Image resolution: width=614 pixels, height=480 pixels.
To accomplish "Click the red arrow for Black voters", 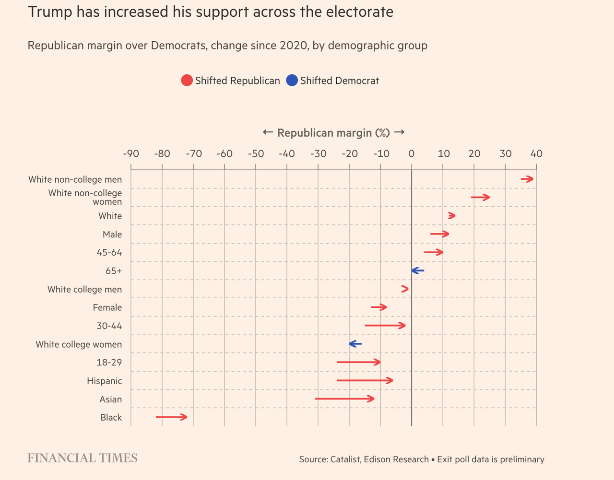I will (x=171, y=417).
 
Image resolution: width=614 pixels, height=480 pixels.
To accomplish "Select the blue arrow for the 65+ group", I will (x=417, y=271).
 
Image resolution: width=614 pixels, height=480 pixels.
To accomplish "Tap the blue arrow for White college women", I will (x=355, y=344).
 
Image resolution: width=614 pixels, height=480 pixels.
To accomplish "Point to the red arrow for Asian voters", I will (x=344, y=398).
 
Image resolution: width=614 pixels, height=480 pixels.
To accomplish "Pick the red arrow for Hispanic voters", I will (x=365, y=380).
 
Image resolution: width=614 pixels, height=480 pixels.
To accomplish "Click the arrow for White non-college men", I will (x=527, y=179).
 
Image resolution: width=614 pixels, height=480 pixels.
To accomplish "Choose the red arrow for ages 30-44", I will (x=385, y=326).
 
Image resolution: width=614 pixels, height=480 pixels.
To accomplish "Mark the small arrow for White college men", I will (x=405, y=289).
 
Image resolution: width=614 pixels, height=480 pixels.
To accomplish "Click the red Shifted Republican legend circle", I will (x=187, y=81).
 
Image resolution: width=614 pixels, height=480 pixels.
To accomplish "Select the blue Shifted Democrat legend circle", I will (x=292, y=81).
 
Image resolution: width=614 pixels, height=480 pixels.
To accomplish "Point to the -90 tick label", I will (x=131, y=154).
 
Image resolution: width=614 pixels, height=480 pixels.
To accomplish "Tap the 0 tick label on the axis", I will (x=412, y=154).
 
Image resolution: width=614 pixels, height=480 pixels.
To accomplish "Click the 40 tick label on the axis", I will (x=536, y=154).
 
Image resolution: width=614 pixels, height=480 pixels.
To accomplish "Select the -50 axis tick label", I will (x=256, y=154).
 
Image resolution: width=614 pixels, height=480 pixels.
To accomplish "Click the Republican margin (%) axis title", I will (x=334, y=133).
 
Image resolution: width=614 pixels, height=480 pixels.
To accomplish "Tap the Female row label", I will (x=107, y=308).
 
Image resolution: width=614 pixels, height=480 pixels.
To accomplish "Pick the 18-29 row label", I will (x=109, y=363).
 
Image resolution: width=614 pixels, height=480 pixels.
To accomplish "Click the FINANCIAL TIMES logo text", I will (x=83, y=458).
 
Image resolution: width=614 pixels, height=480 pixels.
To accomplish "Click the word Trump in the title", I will (x=50, y=12).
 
